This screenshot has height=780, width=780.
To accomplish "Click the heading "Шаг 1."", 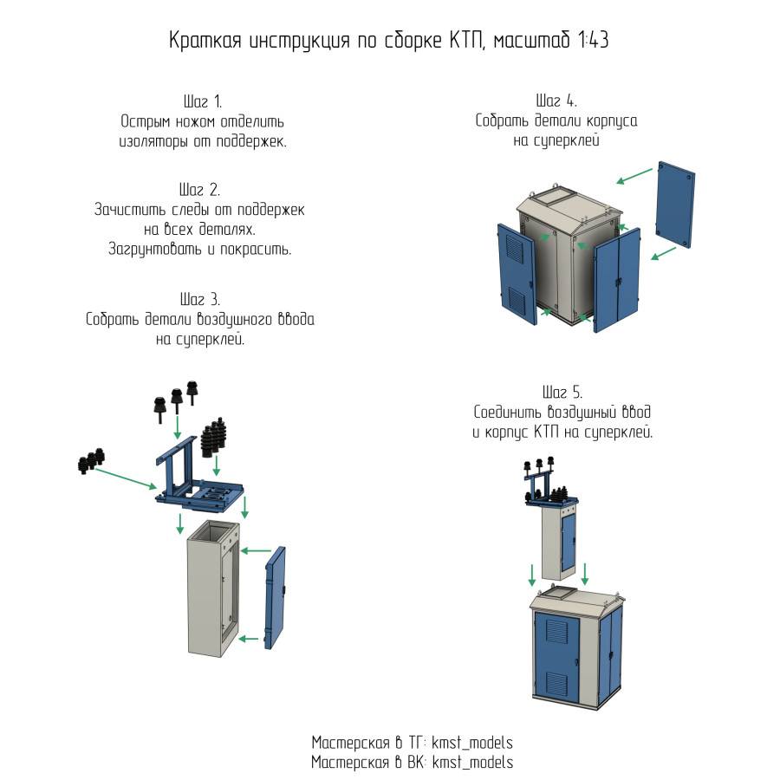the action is pyautogui.click(x=203, y=101).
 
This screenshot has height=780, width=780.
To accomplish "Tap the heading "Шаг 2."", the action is pyautogui.click(x=199, y=190).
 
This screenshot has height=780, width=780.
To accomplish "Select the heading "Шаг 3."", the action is pyautogui.click(x=200, y=299).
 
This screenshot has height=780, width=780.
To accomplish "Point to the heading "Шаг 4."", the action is pyautogui.click(x=556, y=101).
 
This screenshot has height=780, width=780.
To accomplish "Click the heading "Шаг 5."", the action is pyautogui.click(x=562, y=392).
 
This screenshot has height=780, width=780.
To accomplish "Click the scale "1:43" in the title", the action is pyautogui.click(x=593, y=40).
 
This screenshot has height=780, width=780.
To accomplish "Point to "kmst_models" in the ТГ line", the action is pyautogui.click(x=472, y=743).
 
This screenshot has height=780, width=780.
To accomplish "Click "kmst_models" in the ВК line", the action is pyautogui.click(x=472, y=762).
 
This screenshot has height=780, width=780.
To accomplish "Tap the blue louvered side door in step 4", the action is pyautogui.click(x=517, y=274).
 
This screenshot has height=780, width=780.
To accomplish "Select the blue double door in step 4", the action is pyautogui.click(x=617, y=281).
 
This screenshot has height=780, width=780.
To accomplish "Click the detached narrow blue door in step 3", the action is pyautogui.click(x=275, y=597).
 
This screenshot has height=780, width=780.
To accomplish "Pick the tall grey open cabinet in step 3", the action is pyautogui.click(x=213, y=587).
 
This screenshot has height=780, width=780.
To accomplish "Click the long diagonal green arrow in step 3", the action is pyautogui.click(x=125, y=478).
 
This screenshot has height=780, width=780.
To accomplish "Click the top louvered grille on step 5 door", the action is pyautogui.click(x=556, y=630).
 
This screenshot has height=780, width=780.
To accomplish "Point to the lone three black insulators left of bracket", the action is pyautogui.click(x=92, y=461).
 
